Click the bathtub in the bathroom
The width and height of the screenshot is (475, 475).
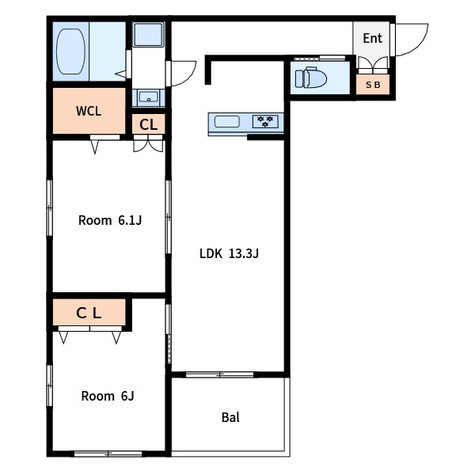click(x=70, y=51)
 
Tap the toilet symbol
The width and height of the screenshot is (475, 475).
click(x=311, y=78)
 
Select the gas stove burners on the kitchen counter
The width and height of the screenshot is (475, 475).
click(x=265, y=121)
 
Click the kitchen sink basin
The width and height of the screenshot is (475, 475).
click(x=227, y=122)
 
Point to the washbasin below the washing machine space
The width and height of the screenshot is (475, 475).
click(x=149, y=97)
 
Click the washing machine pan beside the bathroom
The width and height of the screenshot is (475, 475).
click(x=149, y=34)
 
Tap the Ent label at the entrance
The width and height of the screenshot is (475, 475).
click(x=372, y=39)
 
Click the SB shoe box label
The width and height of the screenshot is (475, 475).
click(x=373, y=85)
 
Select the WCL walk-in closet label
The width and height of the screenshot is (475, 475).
click(x=89, y=111)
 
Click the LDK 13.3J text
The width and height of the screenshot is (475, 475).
click(x=229, y=253)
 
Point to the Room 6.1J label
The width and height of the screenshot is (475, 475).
click(x=110, y=220)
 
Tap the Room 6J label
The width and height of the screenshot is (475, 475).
click(x=108, y=396)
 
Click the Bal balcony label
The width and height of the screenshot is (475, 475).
click(x=230, y=417)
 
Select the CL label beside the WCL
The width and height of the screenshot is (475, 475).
click(x=149, y=124)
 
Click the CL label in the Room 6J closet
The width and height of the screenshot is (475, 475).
click(x=89, y=313)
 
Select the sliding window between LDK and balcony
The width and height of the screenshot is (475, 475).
click(x=219, y=374)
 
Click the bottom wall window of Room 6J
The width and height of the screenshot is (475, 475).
click(x=108, y=454)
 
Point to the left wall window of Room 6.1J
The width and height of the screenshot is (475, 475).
click(x=50, y=207)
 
